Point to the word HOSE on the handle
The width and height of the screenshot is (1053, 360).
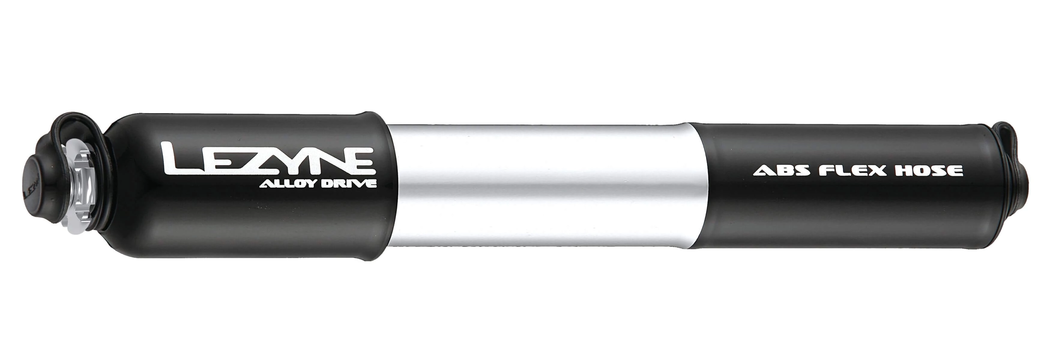[x=929, y=170]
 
